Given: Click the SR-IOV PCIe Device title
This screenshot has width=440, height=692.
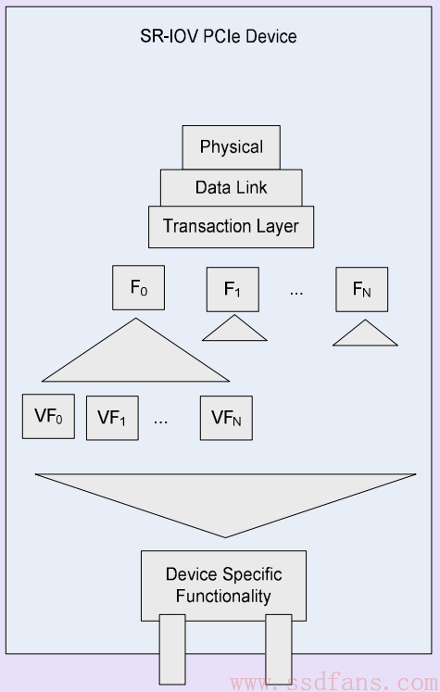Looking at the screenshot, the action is [219, 36].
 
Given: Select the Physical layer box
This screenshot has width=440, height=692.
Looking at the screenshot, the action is [232, 147].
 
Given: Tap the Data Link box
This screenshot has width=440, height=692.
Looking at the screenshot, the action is [232, 187].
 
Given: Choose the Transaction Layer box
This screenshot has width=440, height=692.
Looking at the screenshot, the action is [232, 227].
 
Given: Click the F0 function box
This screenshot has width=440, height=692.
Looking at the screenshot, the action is [139, 288].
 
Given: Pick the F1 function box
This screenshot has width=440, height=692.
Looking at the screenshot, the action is [233, 290].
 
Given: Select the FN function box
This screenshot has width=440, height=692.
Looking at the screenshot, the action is [362, 290].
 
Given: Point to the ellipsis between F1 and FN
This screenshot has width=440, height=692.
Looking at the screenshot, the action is [296, 293].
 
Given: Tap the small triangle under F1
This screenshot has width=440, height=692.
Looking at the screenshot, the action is [234, 331].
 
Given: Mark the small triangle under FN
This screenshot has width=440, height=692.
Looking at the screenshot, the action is [365, 335].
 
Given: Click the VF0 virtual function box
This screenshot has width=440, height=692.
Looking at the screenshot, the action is [48, 416].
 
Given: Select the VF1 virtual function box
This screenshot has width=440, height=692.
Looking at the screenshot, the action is [112, 418].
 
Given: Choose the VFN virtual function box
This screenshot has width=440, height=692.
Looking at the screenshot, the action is [226, 418].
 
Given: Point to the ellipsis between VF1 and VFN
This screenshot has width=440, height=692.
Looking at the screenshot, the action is [160, 421].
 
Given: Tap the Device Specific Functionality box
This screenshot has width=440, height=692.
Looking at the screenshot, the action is [224, 585].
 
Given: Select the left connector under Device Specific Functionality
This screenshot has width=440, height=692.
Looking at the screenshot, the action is [172, 649].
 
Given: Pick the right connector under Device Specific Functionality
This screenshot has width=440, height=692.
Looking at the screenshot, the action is [279, 649].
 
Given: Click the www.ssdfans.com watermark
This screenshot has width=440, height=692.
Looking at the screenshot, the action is [333, 683].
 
